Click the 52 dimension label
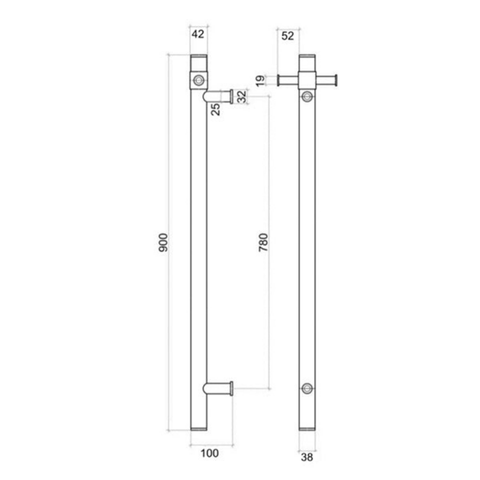click(287, 36)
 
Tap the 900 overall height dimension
click(163, 243)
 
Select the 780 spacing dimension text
click(263, 243)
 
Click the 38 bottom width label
click(307, 457)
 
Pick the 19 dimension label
click(260, 81)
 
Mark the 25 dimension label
click(215, 109)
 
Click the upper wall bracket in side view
click(219, 96)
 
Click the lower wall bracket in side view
click(219, 388)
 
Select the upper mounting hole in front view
click(307, 96)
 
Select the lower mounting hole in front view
click(307, 388)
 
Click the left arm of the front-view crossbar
click(288, 81)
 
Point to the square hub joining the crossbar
click(307, 81)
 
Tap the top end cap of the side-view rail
click(198, 57)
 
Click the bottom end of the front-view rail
click(307, 427)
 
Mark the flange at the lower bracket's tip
click(231, 388)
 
